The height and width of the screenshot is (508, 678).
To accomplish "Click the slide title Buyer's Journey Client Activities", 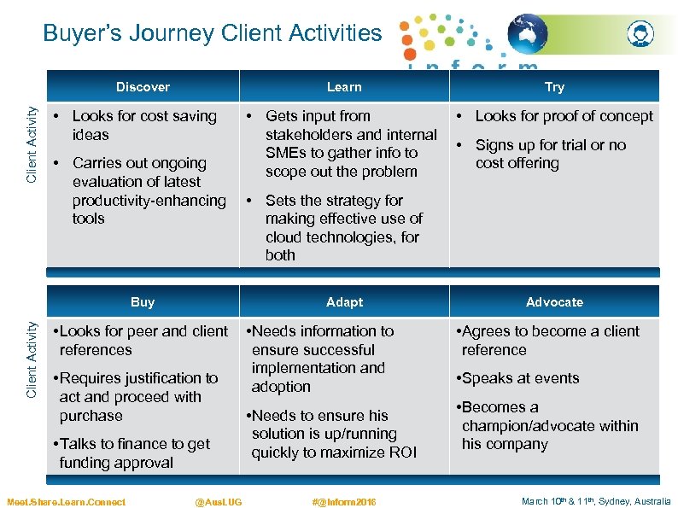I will (213, 33).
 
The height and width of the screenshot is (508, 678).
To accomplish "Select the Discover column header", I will (143, 87).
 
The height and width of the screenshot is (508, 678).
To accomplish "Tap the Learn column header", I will (344, 87).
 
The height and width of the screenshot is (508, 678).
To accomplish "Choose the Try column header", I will (554, 87).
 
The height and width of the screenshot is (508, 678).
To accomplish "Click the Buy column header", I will (143, 302).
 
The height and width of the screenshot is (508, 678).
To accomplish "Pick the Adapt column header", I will (344, 302).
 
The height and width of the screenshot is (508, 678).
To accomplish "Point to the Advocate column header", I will (554, 302).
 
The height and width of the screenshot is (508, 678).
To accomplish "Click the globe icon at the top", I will (528, 35).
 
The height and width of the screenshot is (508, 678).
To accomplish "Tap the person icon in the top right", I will (640, 35).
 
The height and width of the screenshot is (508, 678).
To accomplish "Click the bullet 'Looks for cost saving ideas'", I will (143, 126).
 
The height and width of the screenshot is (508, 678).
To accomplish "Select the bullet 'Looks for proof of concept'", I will (564, 116).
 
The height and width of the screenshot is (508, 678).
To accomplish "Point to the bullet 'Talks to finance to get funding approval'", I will (133, 453).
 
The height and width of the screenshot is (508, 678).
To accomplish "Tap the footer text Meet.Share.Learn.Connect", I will (66, 502).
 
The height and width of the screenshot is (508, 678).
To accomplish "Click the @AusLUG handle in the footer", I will (219, 502).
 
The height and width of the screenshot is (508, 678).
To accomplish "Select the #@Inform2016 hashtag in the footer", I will (344, 502).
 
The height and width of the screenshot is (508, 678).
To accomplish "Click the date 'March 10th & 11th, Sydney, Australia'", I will (596, 502).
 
